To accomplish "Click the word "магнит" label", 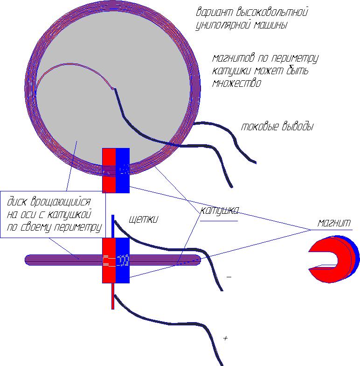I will tap(333, 223).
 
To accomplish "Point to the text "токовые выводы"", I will tap(277, 127).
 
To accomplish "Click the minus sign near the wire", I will tap(228, 277).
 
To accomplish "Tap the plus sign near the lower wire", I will tap(226, 338).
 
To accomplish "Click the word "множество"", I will tap(236, 84).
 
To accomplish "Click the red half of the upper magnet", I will tap(108, 170).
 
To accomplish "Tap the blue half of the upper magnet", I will tap(123, 170).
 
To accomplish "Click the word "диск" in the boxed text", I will tap(16, 203).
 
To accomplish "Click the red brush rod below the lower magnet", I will tap(112, 296).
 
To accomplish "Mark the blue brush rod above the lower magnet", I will tap(112, 226).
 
